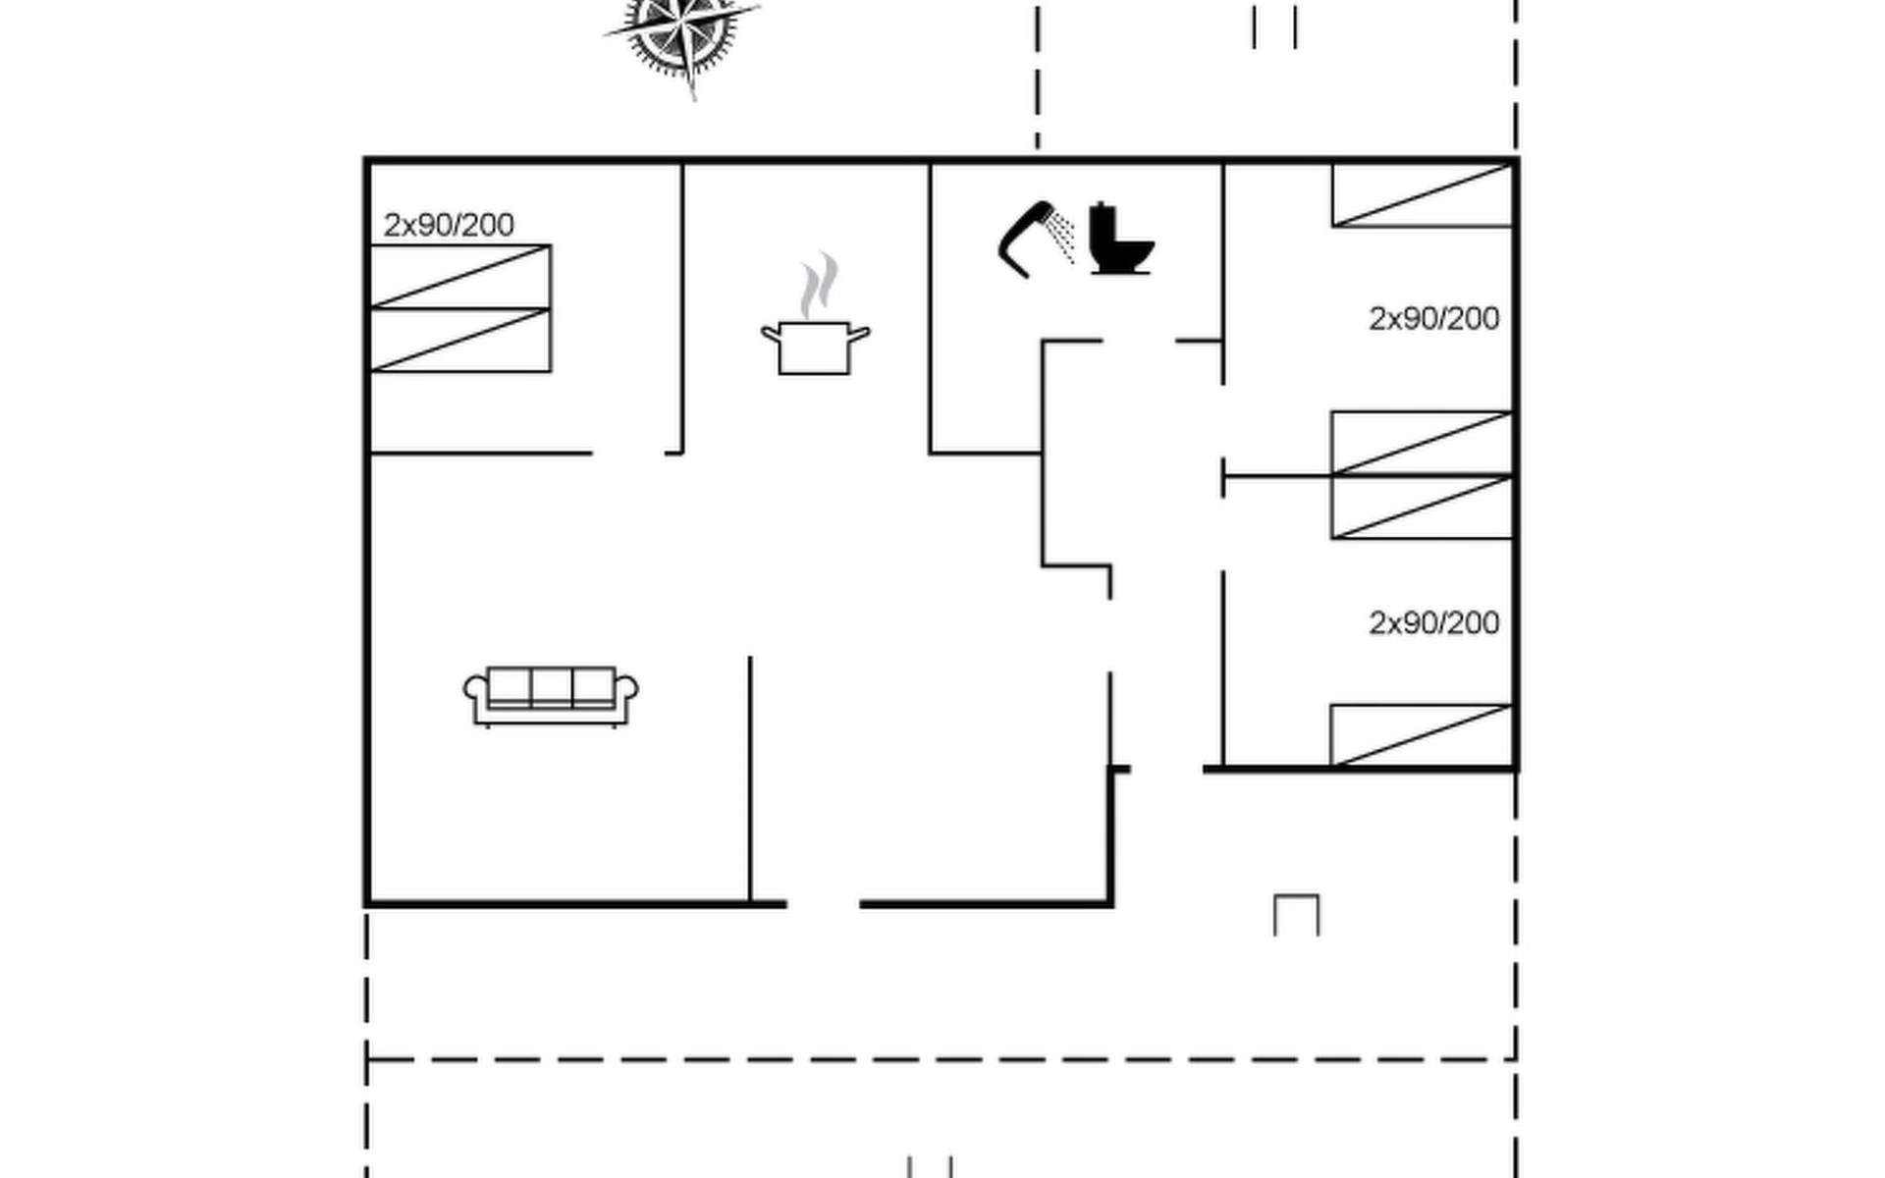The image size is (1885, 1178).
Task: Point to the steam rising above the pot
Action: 818,286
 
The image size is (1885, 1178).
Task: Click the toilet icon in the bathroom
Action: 1119,241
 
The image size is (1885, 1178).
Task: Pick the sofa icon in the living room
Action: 551,695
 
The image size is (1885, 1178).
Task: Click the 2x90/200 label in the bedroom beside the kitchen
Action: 449,225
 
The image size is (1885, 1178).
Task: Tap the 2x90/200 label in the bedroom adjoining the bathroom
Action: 1433,319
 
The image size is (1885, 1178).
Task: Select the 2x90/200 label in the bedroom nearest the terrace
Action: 1433,623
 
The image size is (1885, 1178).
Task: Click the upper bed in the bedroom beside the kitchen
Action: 460,277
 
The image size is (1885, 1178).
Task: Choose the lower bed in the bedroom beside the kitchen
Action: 460,340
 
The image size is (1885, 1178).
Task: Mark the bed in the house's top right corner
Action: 1422,195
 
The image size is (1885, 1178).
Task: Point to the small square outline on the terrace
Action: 1296,915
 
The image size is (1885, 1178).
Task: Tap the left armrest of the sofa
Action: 476,692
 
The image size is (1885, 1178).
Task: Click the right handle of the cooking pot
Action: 859,335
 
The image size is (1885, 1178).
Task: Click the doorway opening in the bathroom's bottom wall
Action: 1139,341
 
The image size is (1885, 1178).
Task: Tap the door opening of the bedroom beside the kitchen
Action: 628,454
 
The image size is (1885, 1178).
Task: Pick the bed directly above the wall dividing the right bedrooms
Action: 1422,443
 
